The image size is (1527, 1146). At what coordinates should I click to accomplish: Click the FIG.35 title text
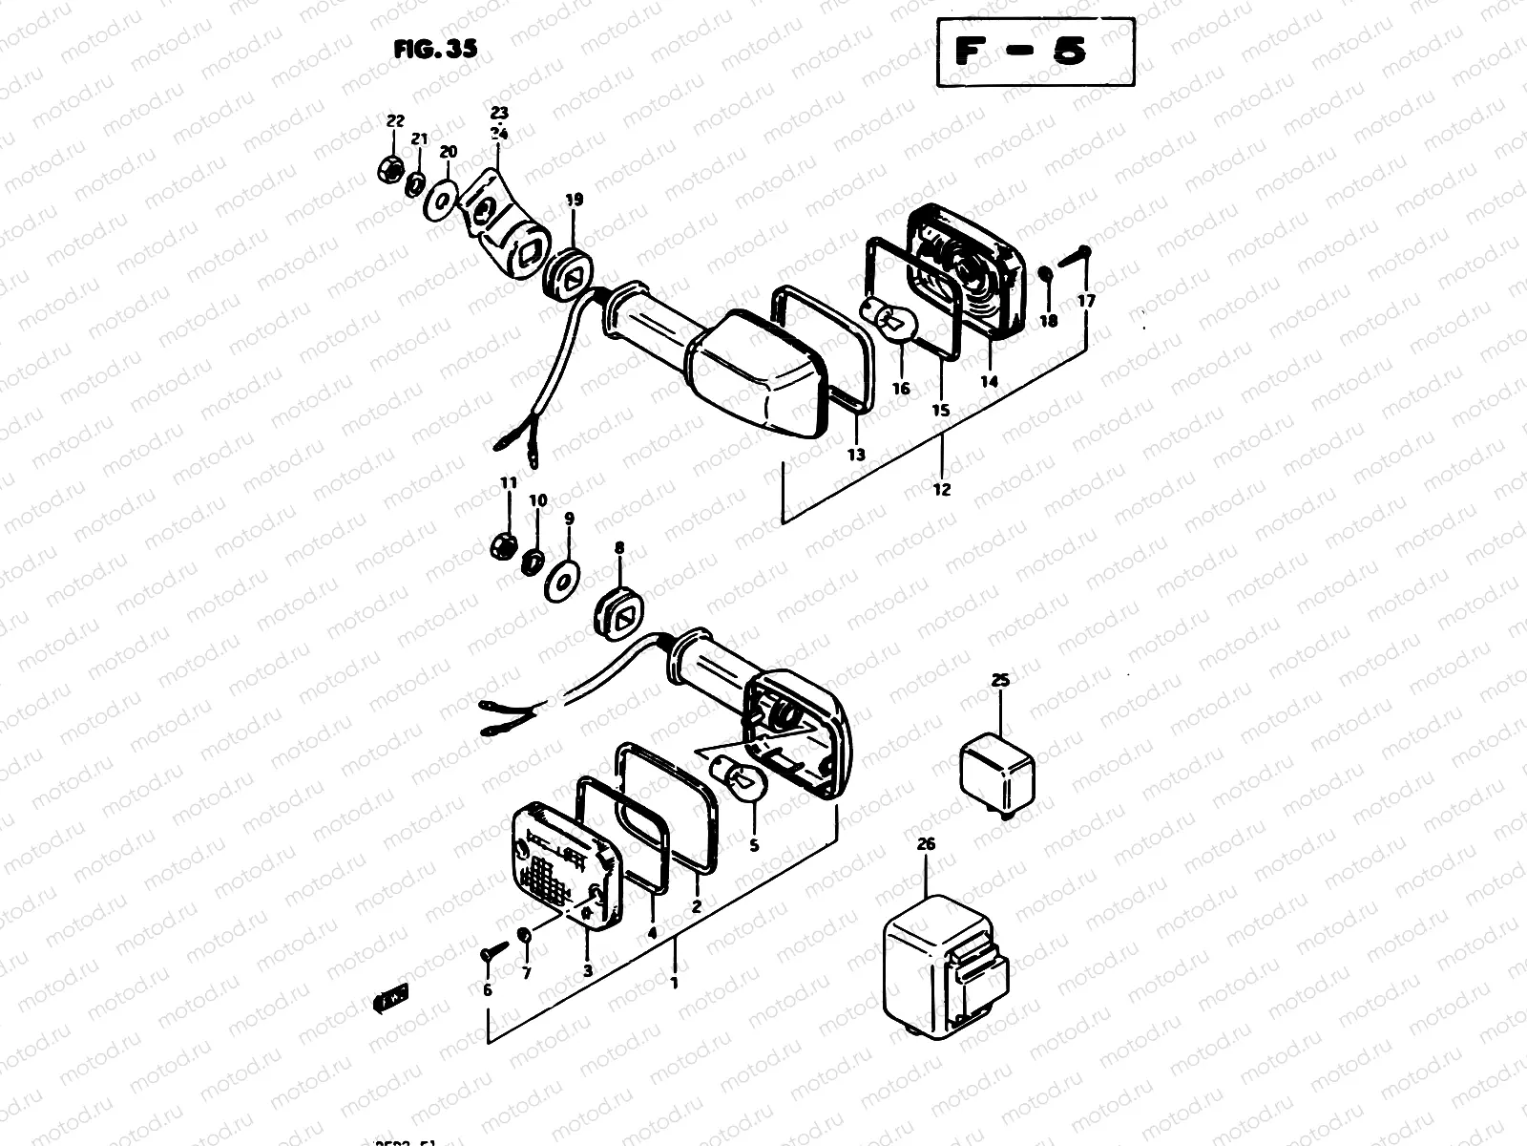[x=435, y=50]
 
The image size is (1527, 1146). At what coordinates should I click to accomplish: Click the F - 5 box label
[x=1035, y=52]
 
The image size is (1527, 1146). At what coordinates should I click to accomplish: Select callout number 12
[x=942, y=490]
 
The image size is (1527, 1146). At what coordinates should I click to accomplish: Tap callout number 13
[x=856, y=455]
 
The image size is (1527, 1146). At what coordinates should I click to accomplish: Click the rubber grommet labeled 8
[x=619, y=616]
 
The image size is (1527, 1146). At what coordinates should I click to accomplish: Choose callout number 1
[x=675, y=982]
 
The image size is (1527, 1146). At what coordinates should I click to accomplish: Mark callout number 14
[x=988, y=381]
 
